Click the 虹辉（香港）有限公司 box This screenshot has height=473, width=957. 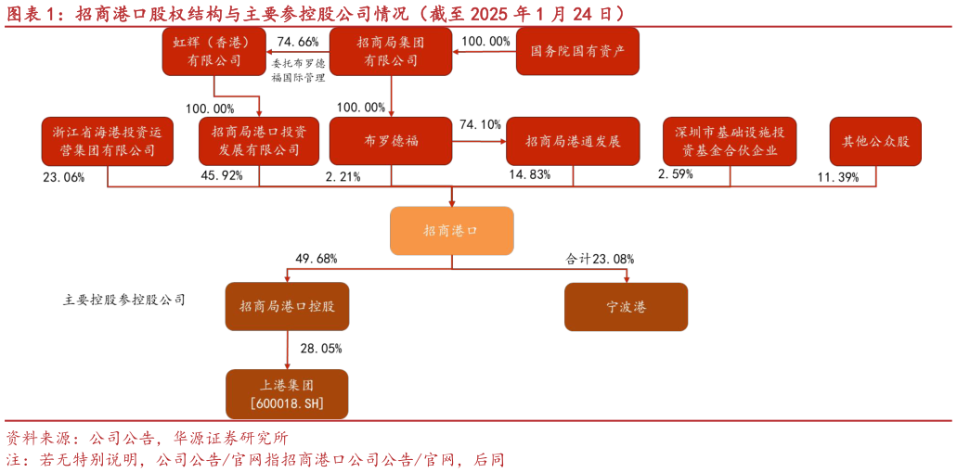pyautogui.click(x=213, y=51)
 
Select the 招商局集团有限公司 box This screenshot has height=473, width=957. pyautogui.click(x=391, y=51)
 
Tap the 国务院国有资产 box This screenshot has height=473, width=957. pyautogui.click(x=577, y=51)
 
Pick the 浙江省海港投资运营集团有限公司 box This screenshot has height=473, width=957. pyautogui.click(x=108, y=141)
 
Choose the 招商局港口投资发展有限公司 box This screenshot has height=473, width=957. pyautogui.click(x=259, y=141)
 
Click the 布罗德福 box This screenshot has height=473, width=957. pyautogui.click(x=391, y=141)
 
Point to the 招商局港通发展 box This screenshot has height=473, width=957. pyautogui.click(x=573, y=141)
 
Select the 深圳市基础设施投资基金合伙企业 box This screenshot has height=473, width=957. pyautogui.click(x=730, y=141)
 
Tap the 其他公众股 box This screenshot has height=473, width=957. pyautogui.click(x=875, y=141)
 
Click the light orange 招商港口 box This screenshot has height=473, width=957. pyautogui.click(x=451, y=231)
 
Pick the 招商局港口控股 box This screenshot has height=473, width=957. pyautogui.click(x=287, y=307)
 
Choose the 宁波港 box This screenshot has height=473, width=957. pyautogui.click(x=626, y=307)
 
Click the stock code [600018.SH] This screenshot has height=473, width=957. pyautogui.click(x=287, y=404)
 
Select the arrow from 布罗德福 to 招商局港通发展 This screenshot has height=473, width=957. pyautogui.click(x=479, y=142)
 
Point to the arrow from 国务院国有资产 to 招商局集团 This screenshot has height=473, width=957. pyautogui.click(x=484, y=51)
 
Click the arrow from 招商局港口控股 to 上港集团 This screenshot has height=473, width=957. pyautogui.click(x=287, y=351)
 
